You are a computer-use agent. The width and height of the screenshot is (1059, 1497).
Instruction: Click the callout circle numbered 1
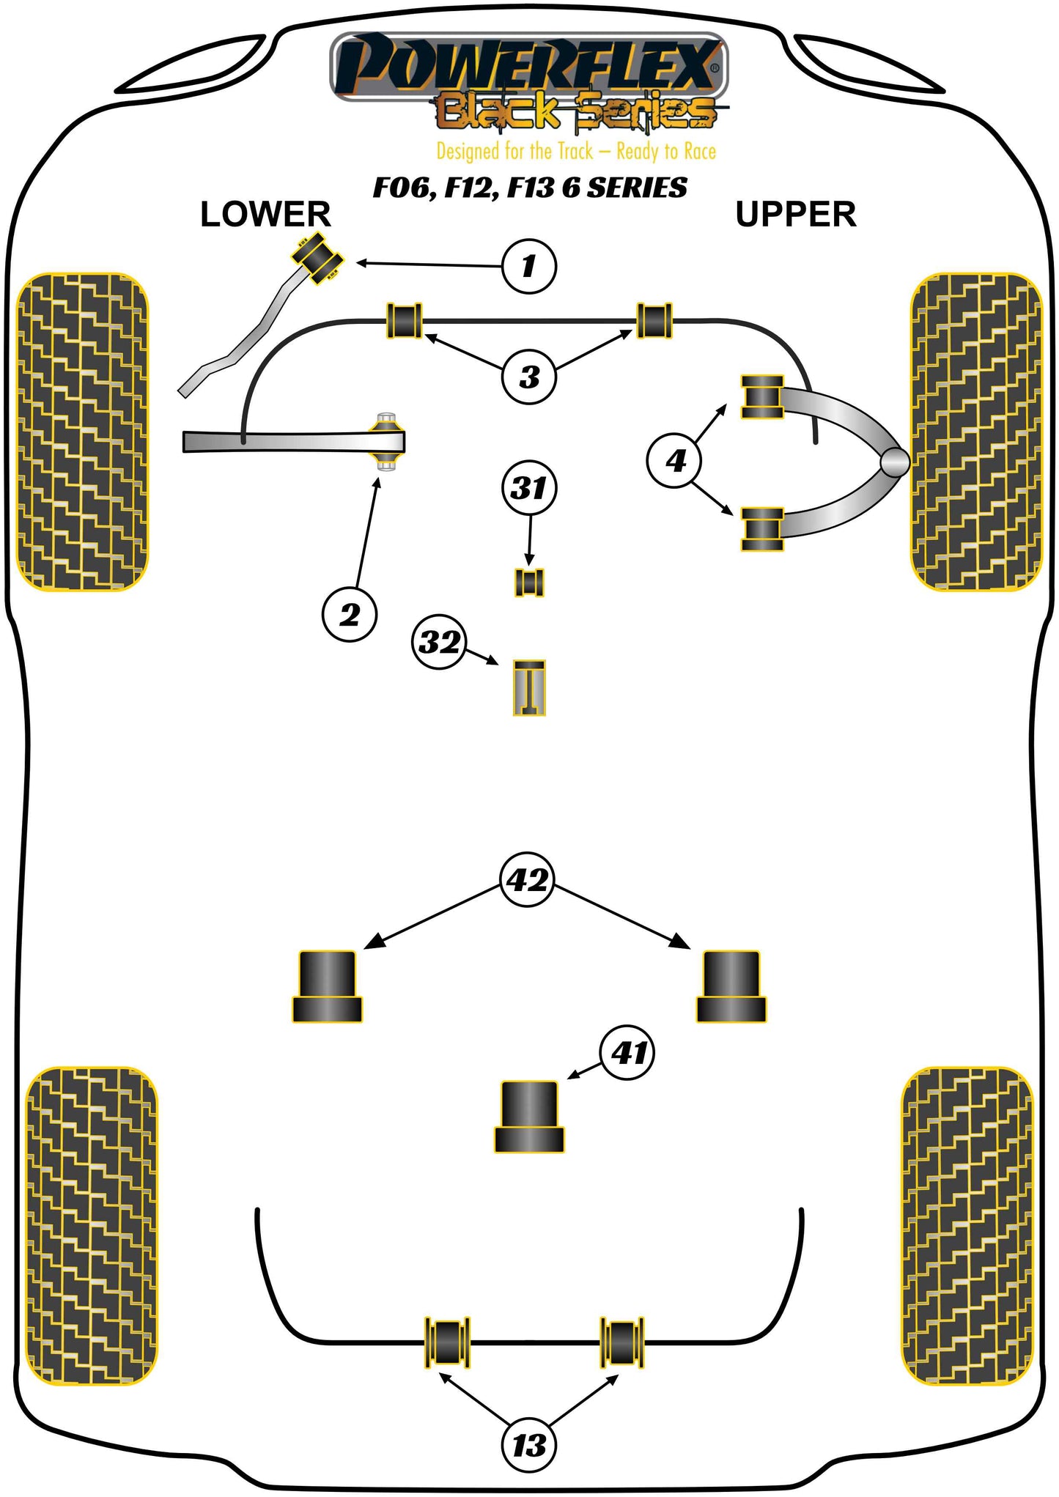[x=528, y=266]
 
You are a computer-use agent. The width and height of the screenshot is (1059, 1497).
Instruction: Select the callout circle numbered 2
[x=350, y=614]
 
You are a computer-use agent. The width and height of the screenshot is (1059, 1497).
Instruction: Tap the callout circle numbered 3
[x=529, y=377]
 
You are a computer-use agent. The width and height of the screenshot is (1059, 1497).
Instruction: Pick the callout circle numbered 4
[x=674, y=461]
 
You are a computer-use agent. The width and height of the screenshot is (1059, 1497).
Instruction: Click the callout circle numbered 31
[x=529, y=488]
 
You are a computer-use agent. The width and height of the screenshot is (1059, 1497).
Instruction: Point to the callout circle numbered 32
[x=439, y=643]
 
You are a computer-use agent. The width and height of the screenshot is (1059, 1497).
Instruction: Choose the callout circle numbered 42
[x=528, y=879]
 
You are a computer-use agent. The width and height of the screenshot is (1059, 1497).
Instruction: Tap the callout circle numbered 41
[x=628, y=1052]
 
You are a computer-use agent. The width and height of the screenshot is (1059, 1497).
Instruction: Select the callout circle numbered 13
[x=529, y=1446]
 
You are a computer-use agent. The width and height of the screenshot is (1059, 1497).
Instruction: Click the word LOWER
[x=265, y=215]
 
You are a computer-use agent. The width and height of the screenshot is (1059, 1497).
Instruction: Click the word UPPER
[x=795, y=215]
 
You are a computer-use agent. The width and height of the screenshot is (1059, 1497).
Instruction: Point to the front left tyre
[x=82, y=432]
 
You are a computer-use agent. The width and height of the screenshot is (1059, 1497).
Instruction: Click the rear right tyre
[x=967, y=1226]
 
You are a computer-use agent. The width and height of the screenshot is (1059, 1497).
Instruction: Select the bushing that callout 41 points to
[x=529, y=1116]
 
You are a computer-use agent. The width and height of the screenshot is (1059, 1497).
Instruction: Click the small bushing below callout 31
[x=529, y=583]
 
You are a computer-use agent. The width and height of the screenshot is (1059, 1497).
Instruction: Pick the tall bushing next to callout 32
[x=529, y=687]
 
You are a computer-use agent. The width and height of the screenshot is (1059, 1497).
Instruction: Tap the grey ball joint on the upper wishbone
[x=894, y=462]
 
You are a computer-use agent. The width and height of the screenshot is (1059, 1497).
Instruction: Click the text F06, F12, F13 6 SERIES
[x=530, y=188]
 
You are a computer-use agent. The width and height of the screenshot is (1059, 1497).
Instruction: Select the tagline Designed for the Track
[x=576, y=152]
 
